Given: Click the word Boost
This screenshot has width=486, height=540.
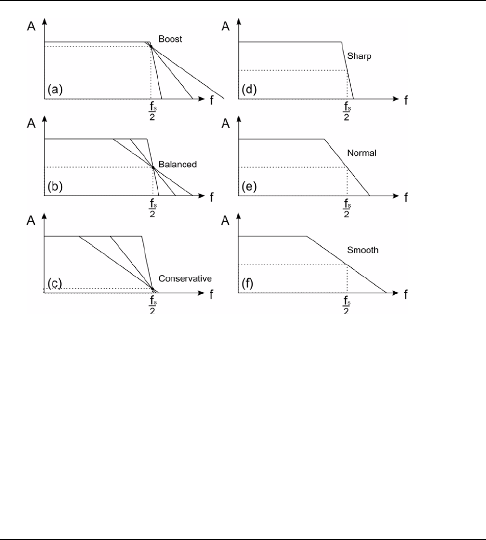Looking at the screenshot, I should pos(170,39).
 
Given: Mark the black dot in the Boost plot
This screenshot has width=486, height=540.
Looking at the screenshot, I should pos(151,46).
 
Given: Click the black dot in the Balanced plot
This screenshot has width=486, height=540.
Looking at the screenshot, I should pos(153,167).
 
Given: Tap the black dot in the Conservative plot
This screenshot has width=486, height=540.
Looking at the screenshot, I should pos(153,289).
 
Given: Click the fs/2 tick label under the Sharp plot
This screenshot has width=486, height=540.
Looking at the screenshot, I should pos(347,111).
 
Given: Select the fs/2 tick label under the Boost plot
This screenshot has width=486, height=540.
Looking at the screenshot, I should pos(151,111).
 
